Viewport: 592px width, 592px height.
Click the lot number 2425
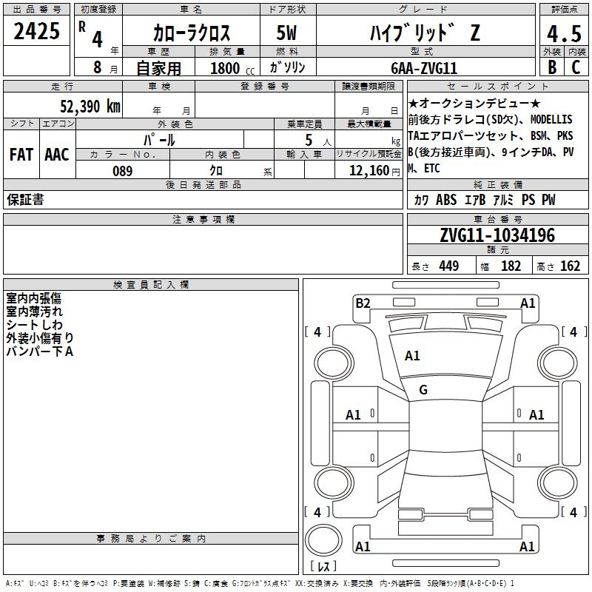coord(36,31)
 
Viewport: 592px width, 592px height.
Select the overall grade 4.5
coord(564,33)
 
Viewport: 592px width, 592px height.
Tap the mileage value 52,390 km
coord(90,107)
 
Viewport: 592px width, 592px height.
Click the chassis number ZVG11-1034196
coord(497,235)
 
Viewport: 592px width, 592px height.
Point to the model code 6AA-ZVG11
coord(424,68)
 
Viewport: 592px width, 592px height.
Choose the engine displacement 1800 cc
coord(232,68)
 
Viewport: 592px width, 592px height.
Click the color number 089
coord(123,171)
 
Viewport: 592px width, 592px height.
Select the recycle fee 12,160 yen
coord(374,171)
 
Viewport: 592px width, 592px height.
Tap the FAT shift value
coord(21,155)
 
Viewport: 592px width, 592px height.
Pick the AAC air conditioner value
coord(57,155)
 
